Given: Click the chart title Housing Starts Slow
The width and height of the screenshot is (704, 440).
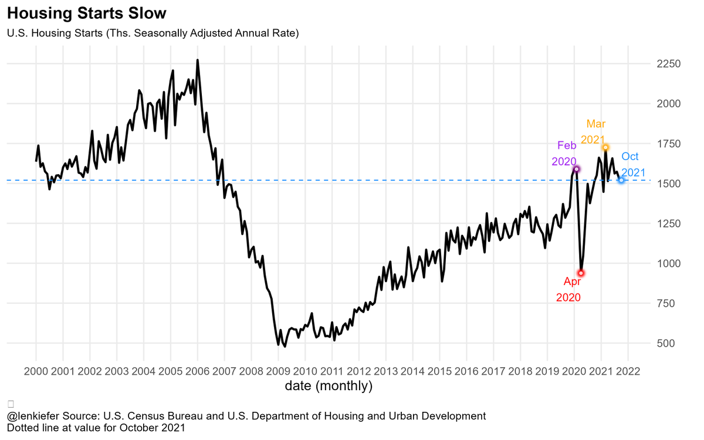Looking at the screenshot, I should coord(87,13).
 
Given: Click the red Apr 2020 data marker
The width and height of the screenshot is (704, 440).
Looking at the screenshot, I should coord(581,273).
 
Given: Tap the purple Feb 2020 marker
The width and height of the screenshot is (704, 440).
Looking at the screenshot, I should coord(576,169).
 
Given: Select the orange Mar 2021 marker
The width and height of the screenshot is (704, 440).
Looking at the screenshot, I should coord(605,147).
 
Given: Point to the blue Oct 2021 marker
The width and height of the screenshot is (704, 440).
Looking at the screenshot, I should coord(621,180).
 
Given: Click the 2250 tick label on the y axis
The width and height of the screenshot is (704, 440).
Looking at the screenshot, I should coord(668,64).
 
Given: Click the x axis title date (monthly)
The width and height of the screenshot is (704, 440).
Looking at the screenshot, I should coord(329,386).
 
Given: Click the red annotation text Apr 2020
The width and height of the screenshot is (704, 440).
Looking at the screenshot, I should coord(568,289).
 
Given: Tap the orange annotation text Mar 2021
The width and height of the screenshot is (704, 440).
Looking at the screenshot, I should coord(594,132).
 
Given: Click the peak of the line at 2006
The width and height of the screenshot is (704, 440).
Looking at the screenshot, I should coord(197,60).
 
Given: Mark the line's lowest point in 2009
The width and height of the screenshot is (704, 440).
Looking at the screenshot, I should coord(285,346).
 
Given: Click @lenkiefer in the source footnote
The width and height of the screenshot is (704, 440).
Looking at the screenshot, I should coord(33,416).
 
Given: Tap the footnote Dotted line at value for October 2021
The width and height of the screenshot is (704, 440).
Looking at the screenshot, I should coord(96,428).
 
